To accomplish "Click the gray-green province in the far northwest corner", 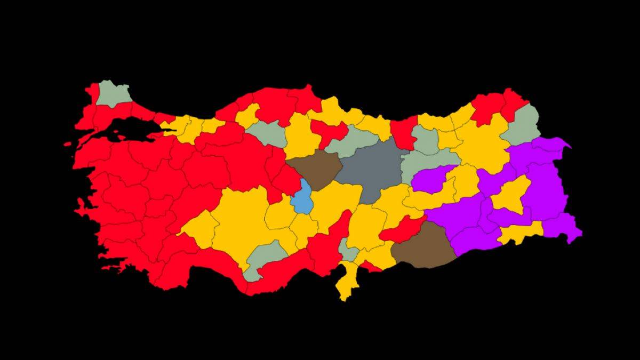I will click(x=113, y=94).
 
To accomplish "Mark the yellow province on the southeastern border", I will click(x=520, y=233).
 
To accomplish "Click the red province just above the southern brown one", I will click(x=402, y=230).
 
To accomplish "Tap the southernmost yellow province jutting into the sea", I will click(x=347, y=283).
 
